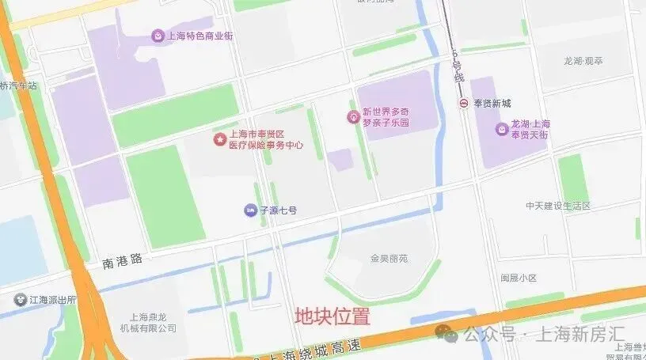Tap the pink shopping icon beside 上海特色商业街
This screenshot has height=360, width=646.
(158, 36)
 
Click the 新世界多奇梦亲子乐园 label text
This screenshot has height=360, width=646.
(386, 118)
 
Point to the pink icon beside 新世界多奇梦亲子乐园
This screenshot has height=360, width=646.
(353, 117)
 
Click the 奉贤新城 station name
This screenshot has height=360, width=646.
(492, 104)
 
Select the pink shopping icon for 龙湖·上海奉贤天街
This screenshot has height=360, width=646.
(502, 129)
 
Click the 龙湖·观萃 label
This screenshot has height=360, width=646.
(583, 60)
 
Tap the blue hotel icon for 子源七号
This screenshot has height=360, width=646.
(250, 210)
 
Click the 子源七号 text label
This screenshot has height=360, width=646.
(279, 210)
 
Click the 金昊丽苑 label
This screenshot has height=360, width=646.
(389, 258)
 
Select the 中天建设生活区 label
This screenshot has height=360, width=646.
(558, 206)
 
